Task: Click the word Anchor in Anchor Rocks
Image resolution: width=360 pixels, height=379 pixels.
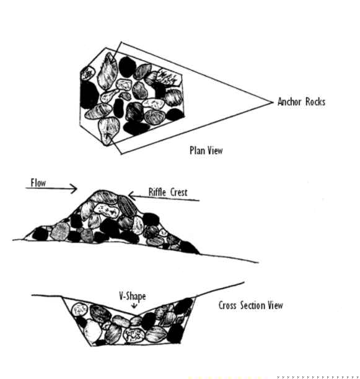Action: tap(289, 102)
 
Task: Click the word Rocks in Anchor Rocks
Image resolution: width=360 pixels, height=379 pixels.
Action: tap(315, 102)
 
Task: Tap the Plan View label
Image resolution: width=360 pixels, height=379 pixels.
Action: tap(206, 150)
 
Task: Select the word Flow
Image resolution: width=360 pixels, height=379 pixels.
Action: tap(38, 183)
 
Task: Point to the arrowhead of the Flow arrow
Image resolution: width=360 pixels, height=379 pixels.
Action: tap(74, 188)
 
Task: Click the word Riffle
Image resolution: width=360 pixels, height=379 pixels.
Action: tap(157, 192)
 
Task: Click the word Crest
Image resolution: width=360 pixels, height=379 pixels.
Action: tap(178, 193)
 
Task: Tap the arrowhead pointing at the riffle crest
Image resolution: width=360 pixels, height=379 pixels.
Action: tap(131, 196)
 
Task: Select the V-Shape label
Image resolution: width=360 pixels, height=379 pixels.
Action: tap(132, 297)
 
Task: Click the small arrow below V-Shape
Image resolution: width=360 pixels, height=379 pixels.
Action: tap(134, 306)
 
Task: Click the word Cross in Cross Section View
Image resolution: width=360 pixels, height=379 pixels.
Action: tap(227, 305)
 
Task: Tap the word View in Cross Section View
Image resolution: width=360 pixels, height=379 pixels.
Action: tap(275, 305)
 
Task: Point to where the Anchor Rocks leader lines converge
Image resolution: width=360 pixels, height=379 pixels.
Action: tap(272, 102)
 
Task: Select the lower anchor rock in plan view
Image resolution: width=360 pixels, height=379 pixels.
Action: tap(108, 131)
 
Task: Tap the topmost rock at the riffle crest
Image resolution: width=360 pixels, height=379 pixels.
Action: tap(104, 197)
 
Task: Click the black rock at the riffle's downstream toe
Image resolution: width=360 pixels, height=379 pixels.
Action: tap(190, 248)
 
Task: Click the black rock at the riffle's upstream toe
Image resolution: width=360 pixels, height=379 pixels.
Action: tap(40, 233)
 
